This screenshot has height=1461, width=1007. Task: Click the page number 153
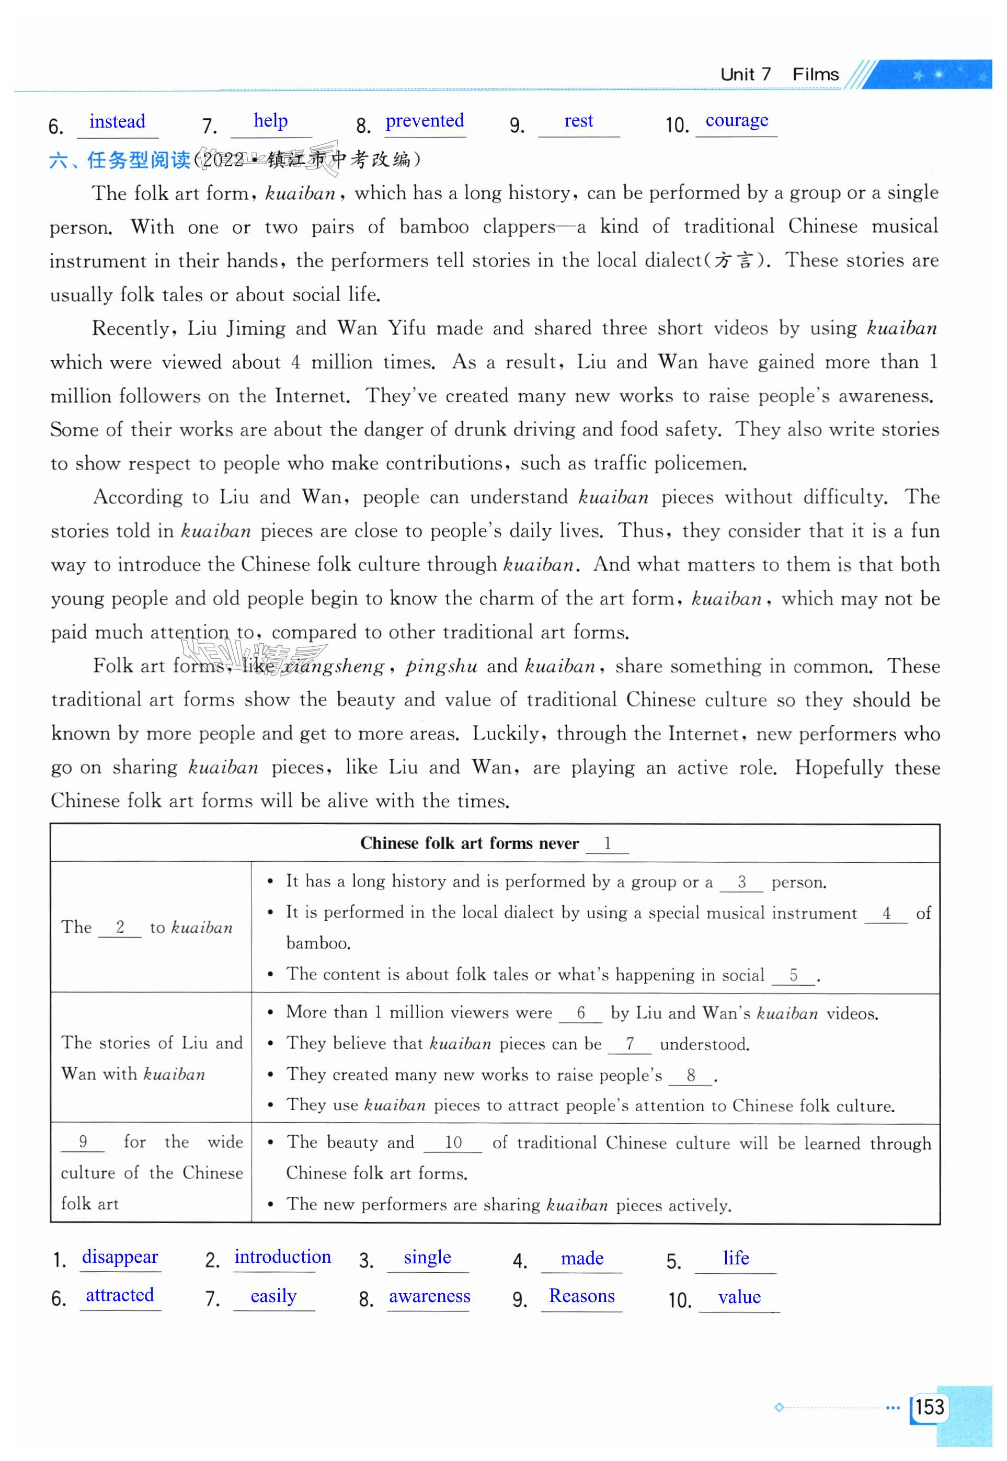point(930,1406)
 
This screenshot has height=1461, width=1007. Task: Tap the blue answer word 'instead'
point(117,121)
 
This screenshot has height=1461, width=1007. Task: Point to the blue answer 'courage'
point(736,120)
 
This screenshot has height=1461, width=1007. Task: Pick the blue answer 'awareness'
point(429,1296)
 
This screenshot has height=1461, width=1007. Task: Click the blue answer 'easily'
point(273,1296)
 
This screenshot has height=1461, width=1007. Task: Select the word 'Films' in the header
point(815,74)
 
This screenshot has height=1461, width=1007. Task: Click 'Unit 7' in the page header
point(745,74)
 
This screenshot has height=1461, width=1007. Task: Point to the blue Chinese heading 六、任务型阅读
point(120,160)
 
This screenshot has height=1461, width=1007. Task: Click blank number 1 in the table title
point(607,843)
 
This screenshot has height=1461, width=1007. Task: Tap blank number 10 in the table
point(453,1143)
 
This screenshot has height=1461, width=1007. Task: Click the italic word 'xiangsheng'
point(333,666)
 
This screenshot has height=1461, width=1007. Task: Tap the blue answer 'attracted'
point(120,1295)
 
